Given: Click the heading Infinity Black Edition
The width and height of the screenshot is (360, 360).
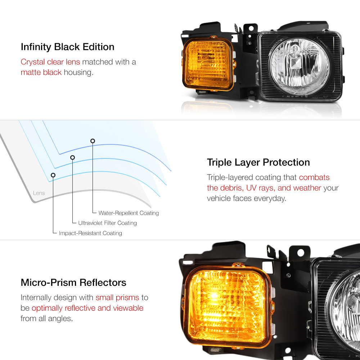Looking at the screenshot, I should (67, 47).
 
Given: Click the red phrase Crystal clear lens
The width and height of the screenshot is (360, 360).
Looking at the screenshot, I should (50, 62).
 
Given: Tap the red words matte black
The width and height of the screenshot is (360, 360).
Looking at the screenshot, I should (41, 72).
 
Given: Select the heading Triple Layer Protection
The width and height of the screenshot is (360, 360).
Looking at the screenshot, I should (258, 162).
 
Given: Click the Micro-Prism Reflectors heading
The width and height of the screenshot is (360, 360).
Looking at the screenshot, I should (73, 282).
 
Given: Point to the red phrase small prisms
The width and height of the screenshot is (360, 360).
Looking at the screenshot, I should (117, 298).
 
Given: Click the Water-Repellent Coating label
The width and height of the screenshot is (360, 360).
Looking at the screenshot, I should (129, 213).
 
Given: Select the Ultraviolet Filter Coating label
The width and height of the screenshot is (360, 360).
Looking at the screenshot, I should (107, 223).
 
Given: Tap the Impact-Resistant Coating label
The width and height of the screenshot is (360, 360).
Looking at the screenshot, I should (90, 233).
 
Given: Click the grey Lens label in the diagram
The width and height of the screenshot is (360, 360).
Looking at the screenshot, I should (39, 193).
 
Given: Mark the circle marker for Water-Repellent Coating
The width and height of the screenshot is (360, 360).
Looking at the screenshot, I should (93, 141).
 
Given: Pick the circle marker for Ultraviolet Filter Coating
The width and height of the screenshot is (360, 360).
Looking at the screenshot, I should (72, 157).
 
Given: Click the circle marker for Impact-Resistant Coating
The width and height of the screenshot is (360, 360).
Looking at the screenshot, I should (53, 175).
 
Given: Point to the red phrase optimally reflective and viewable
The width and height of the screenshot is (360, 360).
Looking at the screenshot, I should (87, 308).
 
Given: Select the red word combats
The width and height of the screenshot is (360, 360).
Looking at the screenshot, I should (314, 177).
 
